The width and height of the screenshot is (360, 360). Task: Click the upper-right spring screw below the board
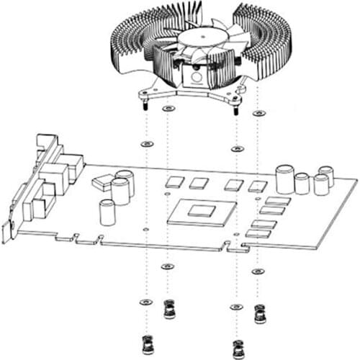point(259,312)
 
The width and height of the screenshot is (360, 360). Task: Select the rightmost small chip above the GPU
point(258,186)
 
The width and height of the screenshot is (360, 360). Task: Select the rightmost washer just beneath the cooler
point(258,113)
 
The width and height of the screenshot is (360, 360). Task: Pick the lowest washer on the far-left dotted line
point(146,302)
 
